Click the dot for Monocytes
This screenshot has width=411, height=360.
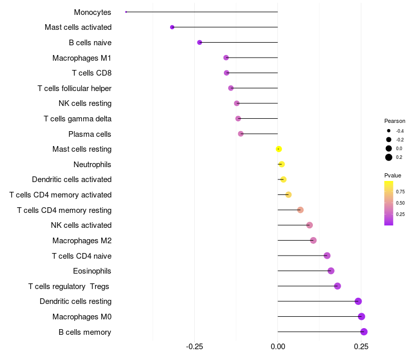pyautogui.click(x=126, y=12)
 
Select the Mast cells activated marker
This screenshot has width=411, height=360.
pyautogui.click(x=172, y=27)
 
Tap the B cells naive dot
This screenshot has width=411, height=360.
pyautogui.click(x=199, y=42)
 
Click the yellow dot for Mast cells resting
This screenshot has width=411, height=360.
pyautogui.click(x=278, y=149)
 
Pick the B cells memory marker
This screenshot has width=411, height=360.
pyautogui.click(x=364, y=332)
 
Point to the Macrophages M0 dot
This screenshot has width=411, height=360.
pyautogui.click(x=361, y=317)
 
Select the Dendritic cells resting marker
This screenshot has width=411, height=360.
pyautogui.click(x=358, y=301)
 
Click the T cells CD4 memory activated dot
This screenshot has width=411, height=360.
pyautogui.click(x=288, y=195)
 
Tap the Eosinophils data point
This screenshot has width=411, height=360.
pyautogui.click(x=331, y=271)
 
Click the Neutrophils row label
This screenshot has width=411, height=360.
pyautogui.click(x=92, y=165)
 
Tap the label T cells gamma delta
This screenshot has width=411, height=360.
pyautogui.click(x=78, y=119)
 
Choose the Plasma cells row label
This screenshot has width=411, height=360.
pyautogui.click(x=90, y=134)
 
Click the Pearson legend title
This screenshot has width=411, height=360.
pyautogui.click(x=395, y=121)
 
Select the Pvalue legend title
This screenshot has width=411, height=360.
pyautogui.click(x=393, y=175)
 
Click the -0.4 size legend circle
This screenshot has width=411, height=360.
pyautogui.click(x=389, y=131)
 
